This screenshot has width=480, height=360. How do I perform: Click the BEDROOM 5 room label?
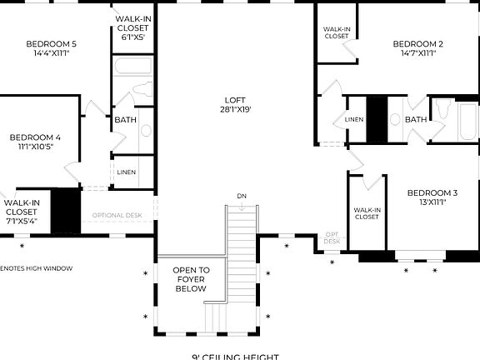pyautogui.click(x=52, y=43)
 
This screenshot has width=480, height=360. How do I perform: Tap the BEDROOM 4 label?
pyautogui.click(x=35, y=137)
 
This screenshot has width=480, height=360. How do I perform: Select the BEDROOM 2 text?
pyautogui.click(x=417, y=43)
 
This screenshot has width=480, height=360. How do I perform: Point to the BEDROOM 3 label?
pyautogui.click(x=432, y=192)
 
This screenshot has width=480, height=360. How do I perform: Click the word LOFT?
pyautogui.click(x=236, y=99)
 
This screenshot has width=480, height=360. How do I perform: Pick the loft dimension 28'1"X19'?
pyautogui.click(x=236, y=109)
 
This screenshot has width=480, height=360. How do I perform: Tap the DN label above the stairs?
pyautogui.click(x=242, y=196)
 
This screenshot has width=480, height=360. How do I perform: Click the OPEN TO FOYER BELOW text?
pyautogui.click(x=191, y=279)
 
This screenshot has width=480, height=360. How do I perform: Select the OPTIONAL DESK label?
pyautogui.click(x=117, y=215)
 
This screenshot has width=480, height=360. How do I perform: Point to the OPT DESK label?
pyautogui.click(x=332, y=238)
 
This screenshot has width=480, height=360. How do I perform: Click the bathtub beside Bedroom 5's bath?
pyautogui.click(x=133, y=67)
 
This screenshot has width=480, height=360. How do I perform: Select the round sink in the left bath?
pyautogui.click(x=146, y=129)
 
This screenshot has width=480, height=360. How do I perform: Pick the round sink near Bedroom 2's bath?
pyautogui.click(x=396, y=119)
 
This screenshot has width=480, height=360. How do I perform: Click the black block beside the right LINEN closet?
pyautogui.click(x=377, y=119)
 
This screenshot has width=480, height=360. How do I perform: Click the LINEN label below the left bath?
pyautogui.click(x=127, y=172)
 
